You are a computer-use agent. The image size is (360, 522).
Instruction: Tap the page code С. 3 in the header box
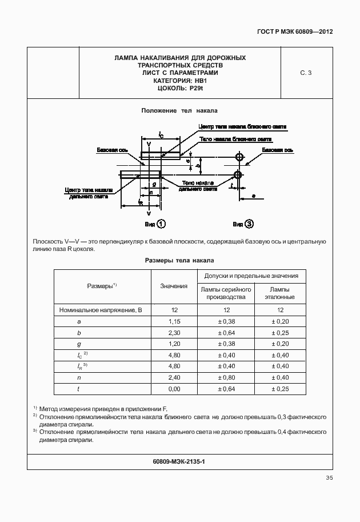pyautogui.click(x=306, y=73)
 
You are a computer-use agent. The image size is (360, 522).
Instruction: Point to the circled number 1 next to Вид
pyautogui.click(x=162, y=224)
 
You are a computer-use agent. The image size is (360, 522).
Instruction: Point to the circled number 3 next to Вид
pyautogui.click(x=249, y=224)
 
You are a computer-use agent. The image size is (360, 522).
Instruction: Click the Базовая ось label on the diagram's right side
pyautogui.click(x=278, y=150)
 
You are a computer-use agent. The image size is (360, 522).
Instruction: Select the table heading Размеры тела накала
pyautogui.click(x=179, y=260)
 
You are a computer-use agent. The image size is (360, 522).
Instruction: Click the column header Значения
pyautogui.click(x=174, y=286)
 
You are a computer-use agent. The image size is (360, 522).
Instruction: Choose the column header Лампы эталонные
pyautogui.click(x=280, y=293)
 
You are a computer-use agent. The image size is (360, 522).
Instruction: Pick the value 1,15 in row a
pyautogui.click(x=174, y=321)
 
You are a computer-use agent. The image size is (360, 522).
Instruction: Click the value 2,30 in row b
pyautogui.click(x=174, y=333)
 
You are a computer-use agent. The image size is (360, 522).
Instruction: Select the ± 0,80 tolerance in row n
pyautogui.click(x=226, y=377)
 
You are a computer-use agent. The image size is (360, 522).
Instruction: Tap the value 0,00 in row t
pyautogui.click(x=174, y=389)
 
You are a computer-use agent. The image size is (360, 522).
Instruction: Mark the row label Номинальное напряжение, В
pyautogui.click(x=101, y=310)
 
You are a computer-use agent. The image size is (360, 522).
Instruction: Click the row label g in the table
pyautogui.click(x=79, y=344)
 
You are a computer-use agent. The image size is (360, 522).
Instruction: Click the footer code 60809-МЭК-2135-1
pyautogui.click(x=179, y=461)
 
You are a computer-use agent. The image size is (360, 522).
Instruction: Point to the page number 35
pyautogui.click(x=329, y=478)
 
